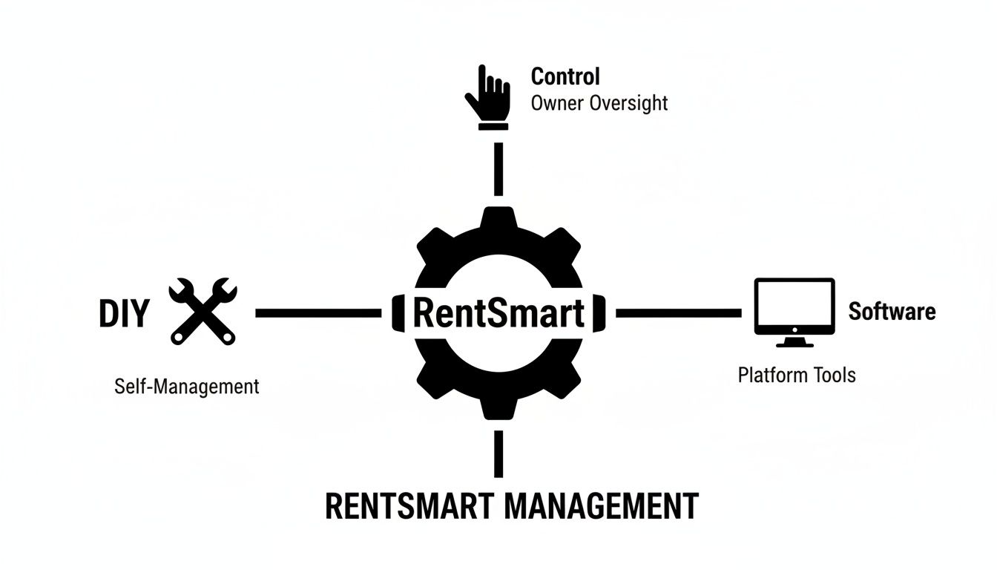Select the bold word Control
pyautogui.click(x=565, y=76)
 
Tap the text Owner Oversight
pyautogui.click(x=599, y=102)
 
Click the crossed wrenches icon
pyautogui.click(x=203, y=312)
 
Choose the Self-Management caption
pyautogui.click(x=187, y=386)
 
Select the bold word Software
pyautogui.click(x=892, y=311)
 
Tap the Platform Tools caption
pyautogui.click(x=797, y=375)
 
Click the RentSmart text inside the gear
pyautogui.click(x=498, y=313)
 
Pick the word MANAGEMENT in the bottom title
pyautogui.click(x=601, y=506)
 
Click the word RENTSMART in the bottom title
pyautogui.click(x=409, y=506)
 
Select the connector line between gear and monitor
pyautogui.click(x=678, y=314)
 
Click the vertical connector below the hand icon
pyautogui.click(x=498, y=168)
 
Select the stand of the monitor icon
pyautogui.click(x=794, y=342)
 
